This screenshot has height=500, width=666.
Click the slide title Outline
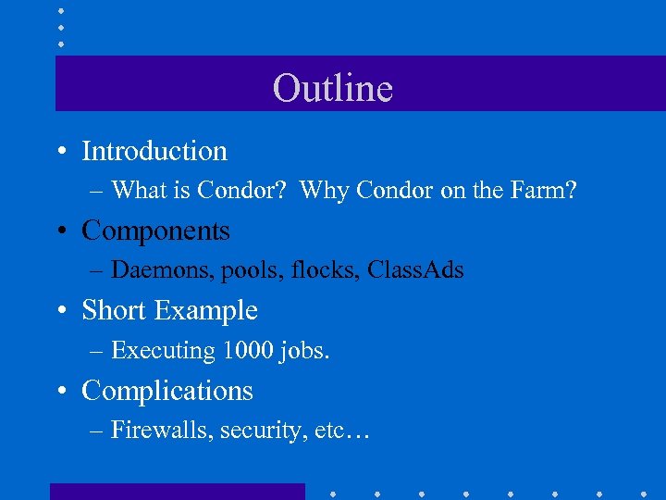coord(333,88)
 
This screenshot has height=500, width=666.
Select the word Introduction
coord(154,151)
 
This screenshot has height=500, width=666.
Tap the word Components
coord(155,231)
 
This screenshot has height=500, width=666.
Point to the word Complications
coord(167,391)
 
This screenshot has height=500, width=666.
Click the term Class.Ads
coord(415,270)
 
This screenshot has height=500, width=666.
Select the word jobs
coord(302,351)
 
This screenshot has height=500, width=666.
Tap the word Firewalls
coord(161,431)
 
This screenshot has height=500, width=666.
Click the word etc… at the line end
coord(341,431)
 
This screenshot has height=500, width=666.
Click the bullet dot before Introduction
coord(60,151)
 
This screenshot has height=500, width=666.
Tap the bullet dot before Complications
coord(60,391)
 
